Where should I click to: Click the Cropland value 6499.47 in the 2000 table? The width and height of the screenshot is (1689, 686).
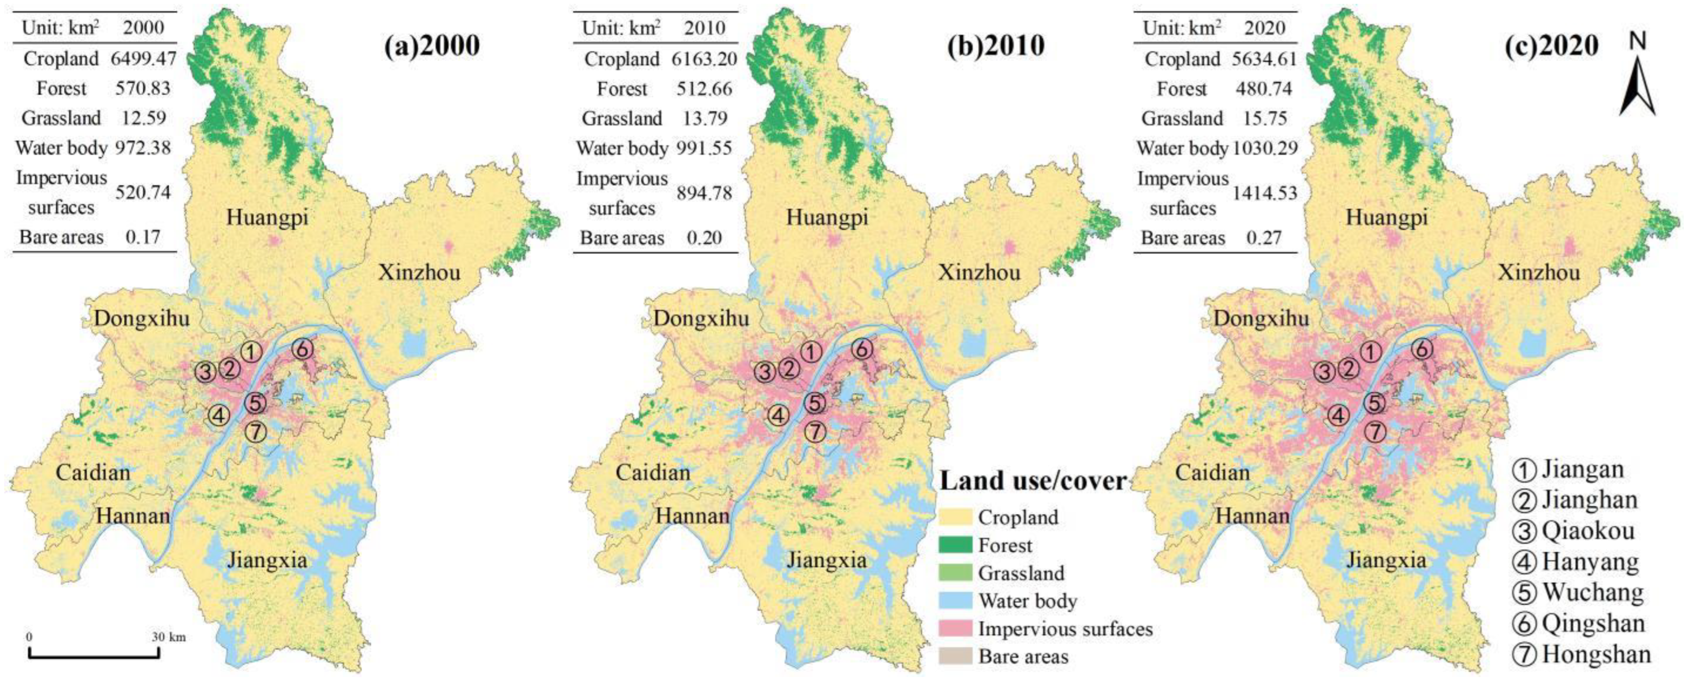pyautogui.click(x=143, y=59)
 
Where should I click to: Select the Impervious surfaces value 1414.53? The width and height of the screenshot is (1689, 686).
pyautogui.click(x=1265, y=193)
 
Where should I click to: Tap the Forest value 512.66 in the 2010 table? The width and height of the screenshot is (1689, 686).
pyautogui.click(x=704, y=88)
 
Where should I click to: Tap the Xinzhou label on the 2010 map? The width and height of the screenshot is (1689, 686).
pyautogui.click(x=979, y=272)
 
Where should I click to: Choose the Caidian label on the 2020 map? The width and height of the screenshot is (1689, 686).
pyautogui.click(x=1212, y=472)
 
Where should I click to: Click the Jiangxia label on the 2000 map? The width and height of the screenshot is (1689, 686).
pyautogui.click(x=267, y=561)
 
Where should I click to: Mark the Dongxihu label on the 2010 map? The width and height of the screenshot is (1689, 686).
pyautogui.click(x=701, y=319)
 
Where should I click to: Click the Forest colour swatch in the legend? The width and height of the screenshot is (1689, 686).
pyautogui.click(x=955, y=545)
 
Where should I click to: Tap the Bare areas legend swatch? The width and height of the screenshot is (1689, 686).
pyautogui.click(x=955, y=656)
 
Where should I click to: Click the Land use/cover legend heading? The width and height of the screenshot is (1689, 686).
pyautogui.click(x=1033, y=481)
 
